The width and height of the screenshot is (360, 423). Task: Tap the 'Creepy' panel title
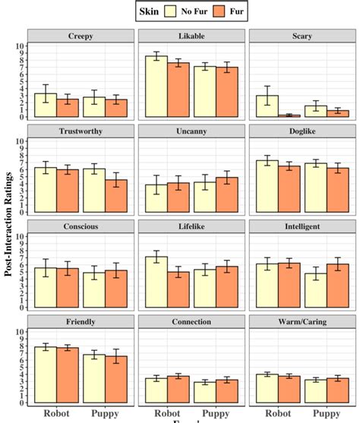tap(81, 36)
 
